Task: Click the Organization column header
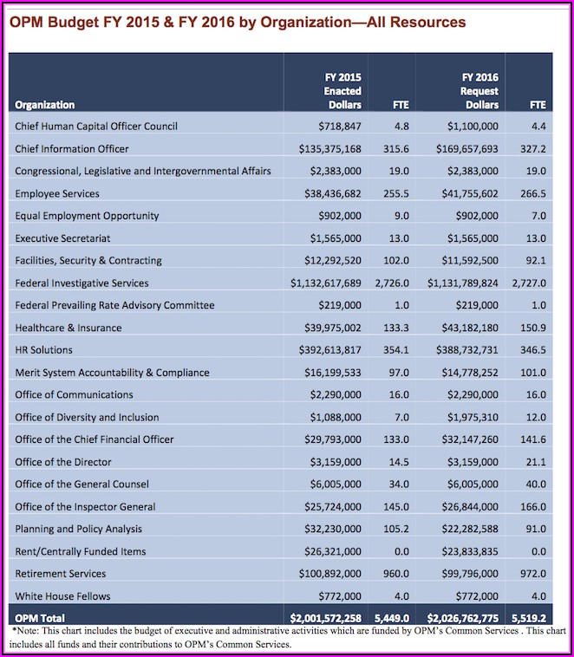(45, 105)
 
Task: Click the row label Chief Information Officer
(72, 149)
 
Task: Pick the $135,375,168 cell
(327, 149)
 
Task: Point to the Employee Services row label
(57, 193)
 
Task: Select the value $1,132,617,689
(326, 283)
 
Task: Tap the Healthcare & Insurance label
(68, 328)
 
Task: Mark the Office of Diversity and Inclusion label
(88, 417)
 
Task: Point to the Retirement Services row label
(61, 573)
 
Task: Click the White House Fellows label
(59, 595)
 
